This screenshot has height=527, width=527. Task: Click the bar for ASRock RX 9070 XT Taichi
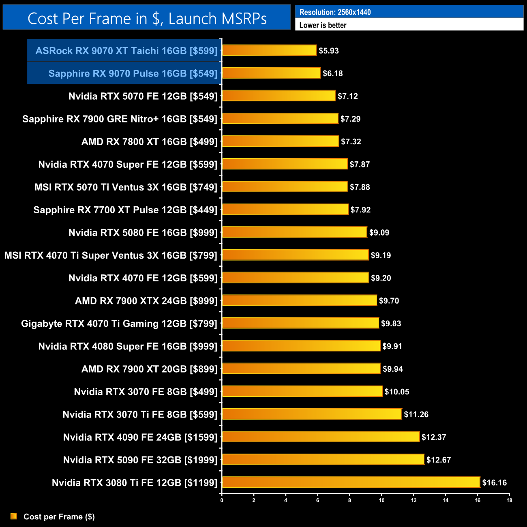pyautogui.click(x=269, y=50)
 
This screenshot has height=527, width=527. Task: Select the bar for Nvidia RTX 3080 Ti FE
pyautogui.click(x=351, y=482)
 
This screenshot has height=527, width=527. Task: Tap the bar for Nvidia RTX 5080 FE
pyautogui.click(x=295, y=232)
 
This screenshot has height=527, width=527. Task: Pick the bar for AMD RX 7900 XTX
pyautogui.click(x=300, y=300)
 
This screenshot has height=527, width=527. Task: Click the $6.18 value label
pyautogui.click(x=333, y=73)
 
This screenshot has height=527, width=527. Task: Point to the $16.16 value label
pyautogui.click(x=495, y=482)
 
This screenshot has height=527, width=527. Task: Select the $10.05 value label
pyautogui.click(x=397, y=392)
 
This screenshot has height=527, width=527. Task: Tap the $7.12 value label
pyautogui.click(x=348, y=96)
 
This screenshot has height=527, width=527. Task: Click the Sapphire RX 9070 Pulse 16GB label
pyautogui.click(x=133, y=73)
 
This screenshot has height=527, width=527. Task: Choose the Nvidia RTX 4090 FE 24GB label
pyautogui.click(x=140, y=437)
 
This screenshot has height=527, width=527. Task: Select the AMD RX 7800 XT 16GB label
pyautogui.click(x=150, y=141)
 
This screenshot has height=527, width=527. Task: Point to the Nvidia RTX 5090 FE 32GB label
pyautogui.click(x=140, y=460)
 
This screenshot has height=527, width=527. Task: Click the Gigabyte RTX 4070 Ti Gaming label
pyautogui.click(x=119, y=323)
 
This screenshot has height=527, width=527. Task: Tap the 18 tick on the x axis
pyautogui.click(x=509, y=500)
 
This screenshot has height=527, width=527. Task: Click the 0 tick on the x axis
pyautogui.click(x=222, y=500)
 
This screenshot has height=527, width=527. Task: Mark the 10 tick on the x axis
pyautogui.click(x=381, y=500)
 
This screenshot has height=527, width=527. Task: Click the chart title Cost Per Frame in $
pyautogui.click(x=147, y=18)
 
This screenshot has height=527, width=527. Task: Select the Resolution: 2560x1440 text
pyautogui.click(x=335, y=12)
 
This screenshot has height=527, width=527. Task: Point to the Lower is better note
pyautogui.click(x=323, y=25)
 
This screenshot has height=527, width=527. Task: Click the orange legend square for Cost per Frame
pyautogui.click(x=14, y=516)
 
